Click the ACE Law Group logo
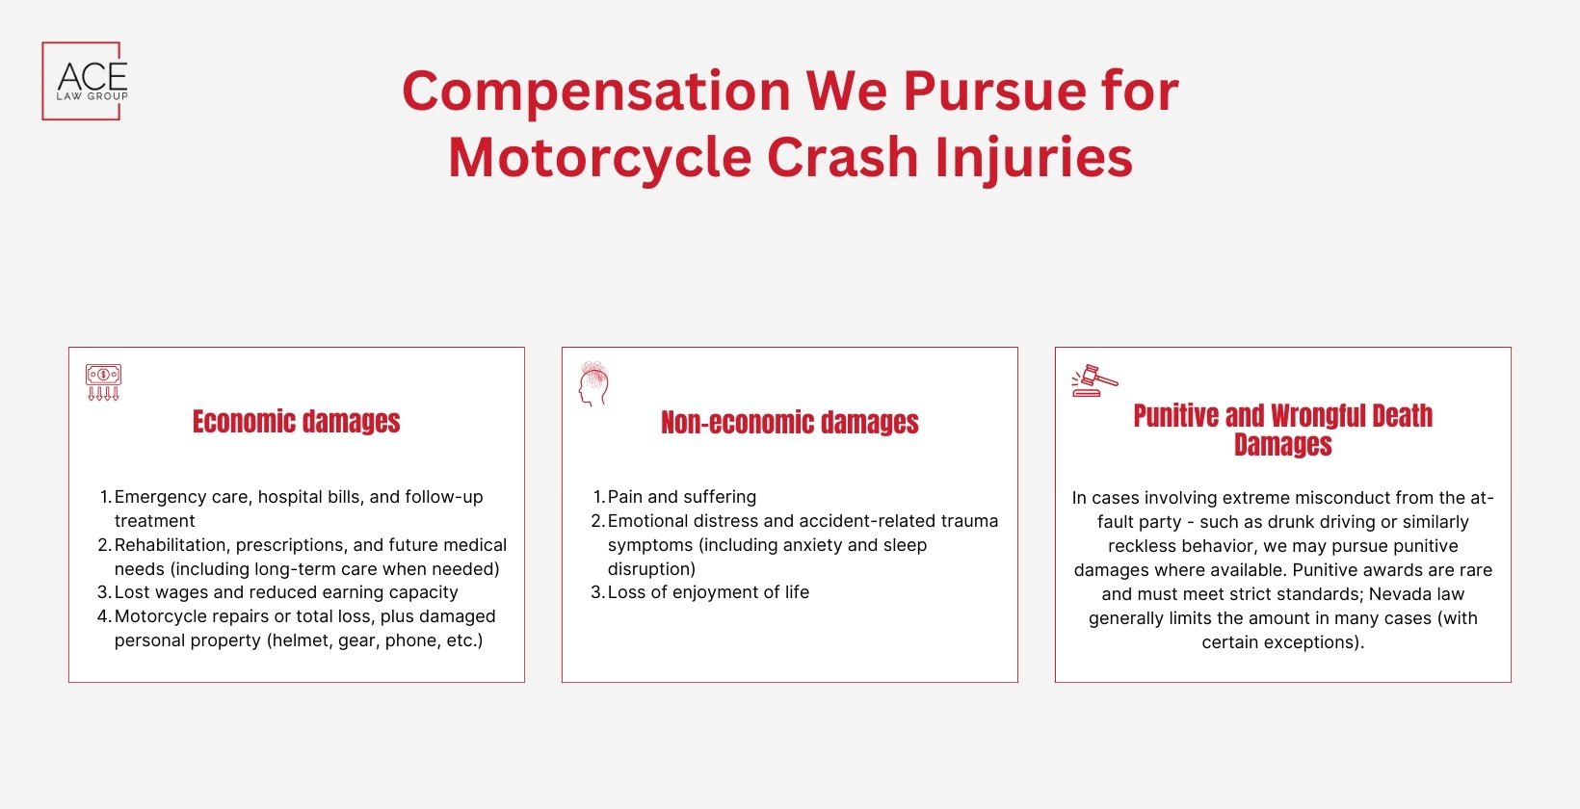tap(85, 81)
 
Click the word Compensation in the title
tap(595, 91)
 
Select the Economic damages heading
tap(296, 422)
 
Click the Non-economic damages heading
tap(789, 423)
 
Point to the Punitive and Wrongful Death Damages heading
tap(1282, 430)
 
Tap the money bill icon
tap(103, 382)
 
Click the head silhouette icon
tap(593, 383)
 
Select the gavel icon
tap(1094, 380)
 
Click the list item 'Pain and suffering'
tap(681, 497)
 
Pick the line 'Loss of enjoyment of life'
tap(708, 592)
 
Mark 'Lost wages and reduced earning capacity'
tap(286, 592)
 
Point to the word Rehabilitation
tap(170, 545)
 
